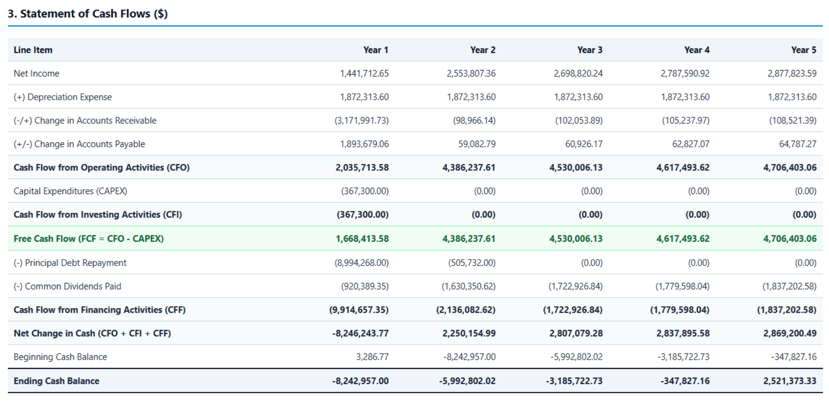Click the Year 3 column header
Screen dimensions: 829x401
(x=590, y=50)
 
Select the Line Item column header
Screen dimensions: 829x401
(x=33, y=50)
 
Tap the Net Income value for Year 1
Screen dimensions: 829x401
(x=364, y=73)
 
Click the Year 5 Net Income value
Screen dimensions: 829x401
(x=792, y=73)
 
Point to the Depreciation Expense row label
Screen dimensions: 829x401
(x=63, y=97)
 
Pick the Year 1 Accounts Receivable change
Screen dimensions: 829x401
(x=362, y=120)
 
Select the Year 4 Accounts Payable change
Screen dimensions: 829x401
(x=691, y=144)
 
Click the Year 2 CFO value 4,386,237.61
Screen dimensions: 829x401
(x=469, y=168)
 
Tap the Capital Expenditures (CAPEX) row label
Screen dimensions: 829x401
(x=71, y=191)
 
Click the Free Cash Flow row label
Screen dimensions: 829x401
(x=88, y=238)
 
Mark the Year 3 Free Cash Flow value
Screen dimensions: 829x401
(x=576, y=238)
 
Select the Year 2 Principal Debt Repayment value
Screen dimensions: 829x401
(x=472, y=263)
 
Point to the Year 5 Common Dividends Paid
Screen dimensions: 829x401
(x=790, y=287)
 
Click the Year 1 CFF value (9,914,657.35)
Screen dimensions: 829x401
(x=359, y=310)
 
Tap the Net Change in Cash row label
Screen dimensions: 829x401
(x=92, y=333)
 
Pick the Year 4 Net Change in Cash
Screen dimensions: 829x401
(x=683, y=333)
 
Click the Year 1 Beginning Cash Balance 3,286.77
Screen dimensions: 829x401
(x=372, y=357)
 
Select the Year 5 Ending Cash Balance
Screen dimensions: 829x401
(x=790, y=381)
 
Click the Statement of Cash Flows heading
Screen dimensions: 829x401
(x=88, y=14)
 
